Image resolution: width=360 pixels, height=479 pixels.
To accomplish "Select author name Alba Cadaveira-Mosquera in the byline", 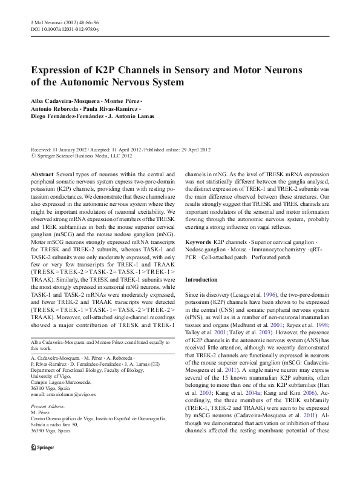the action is click(x=67, y=100).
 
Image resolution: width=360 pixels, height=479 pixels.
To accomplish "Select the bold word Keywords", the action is click(x=198, y=241).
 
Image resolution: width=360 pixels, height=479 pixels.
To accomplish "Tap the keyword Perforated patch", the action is click(x=285, y=257).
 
